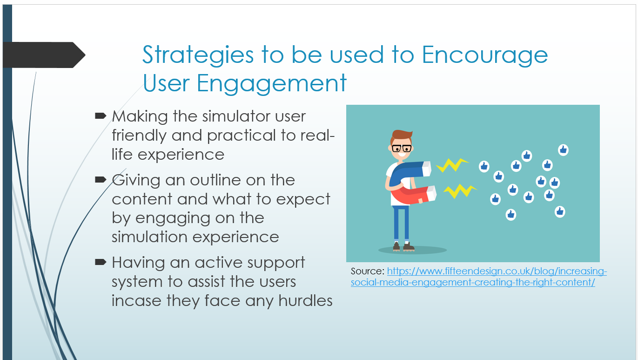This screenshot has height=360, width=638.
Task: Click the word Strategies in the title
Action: [198, 55]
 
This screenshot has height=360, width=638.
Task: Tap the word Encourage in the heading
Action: [485, 54]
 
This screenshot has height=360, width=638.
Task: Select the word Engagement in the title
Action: [271, 83]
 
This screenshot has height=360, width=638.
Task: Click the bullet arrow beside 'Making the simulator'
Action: [101, 115]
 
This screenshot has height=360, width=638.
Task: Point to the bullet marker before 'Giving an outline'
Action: [101, 180]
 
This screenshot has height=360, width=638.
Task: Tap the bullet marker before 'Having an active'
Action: [101, 262]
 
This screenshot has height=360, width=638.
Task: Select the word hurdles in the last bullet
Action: [305, 300]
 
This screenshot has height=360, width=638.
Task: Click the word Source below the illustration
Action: [368, 271]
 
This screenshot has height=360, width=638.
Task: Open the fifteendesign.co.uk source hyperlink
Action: [479, 277]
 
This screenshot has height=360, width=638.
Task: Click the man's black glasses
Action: [401, 149]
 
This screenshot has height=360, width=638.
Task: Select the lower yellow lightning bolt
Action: [459, 190]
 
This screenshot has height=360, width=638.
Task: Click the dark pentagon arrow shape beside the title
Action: [44, 55]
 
